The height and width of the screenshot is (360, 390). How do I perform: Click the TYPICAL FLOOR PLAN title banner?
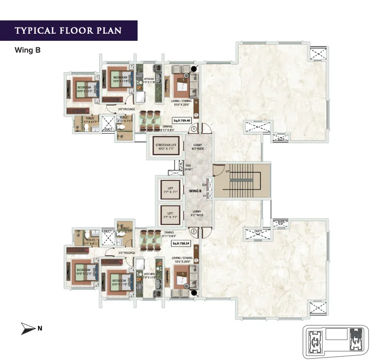tap(68, 31)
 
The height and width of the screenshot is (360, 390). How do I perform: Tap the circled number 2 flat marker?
tap(194, 232)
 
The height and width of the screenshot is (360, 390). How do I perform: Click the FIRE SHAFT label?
tap(188, 167)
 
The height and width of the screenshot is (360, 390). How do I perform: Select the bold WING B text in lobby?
tap(195, 191)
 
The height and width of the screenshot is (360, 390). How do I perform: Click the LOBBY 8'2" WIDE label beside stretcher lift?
tap(198, 147)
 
